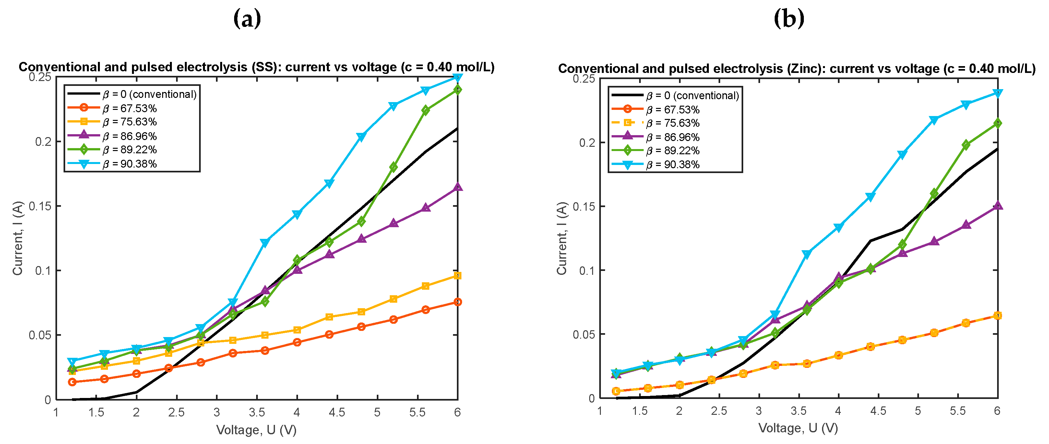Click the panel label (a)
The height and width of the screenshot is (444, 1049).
247,19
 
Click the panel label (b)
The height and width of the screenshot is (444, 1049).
789,19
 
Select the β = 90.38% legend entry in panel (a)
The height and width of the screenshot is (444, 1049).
129,164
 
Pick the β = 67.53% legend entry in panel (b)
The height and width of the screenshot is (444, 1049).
673,110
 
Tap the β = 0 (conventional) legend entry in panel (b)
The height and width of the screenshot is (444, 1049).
692,96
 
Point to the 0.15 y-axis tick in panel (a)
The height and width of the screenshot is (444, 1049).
40,206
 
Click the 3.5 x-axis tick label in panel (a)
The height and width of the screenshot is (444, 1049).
256,413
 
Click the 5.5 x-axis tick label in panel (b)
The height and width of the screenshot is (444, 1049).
957,411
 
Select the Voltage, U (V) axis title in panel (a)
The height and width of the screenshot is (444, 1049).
256,430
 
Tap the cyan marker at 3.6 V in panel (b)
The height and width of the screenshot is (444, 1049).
806,254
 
